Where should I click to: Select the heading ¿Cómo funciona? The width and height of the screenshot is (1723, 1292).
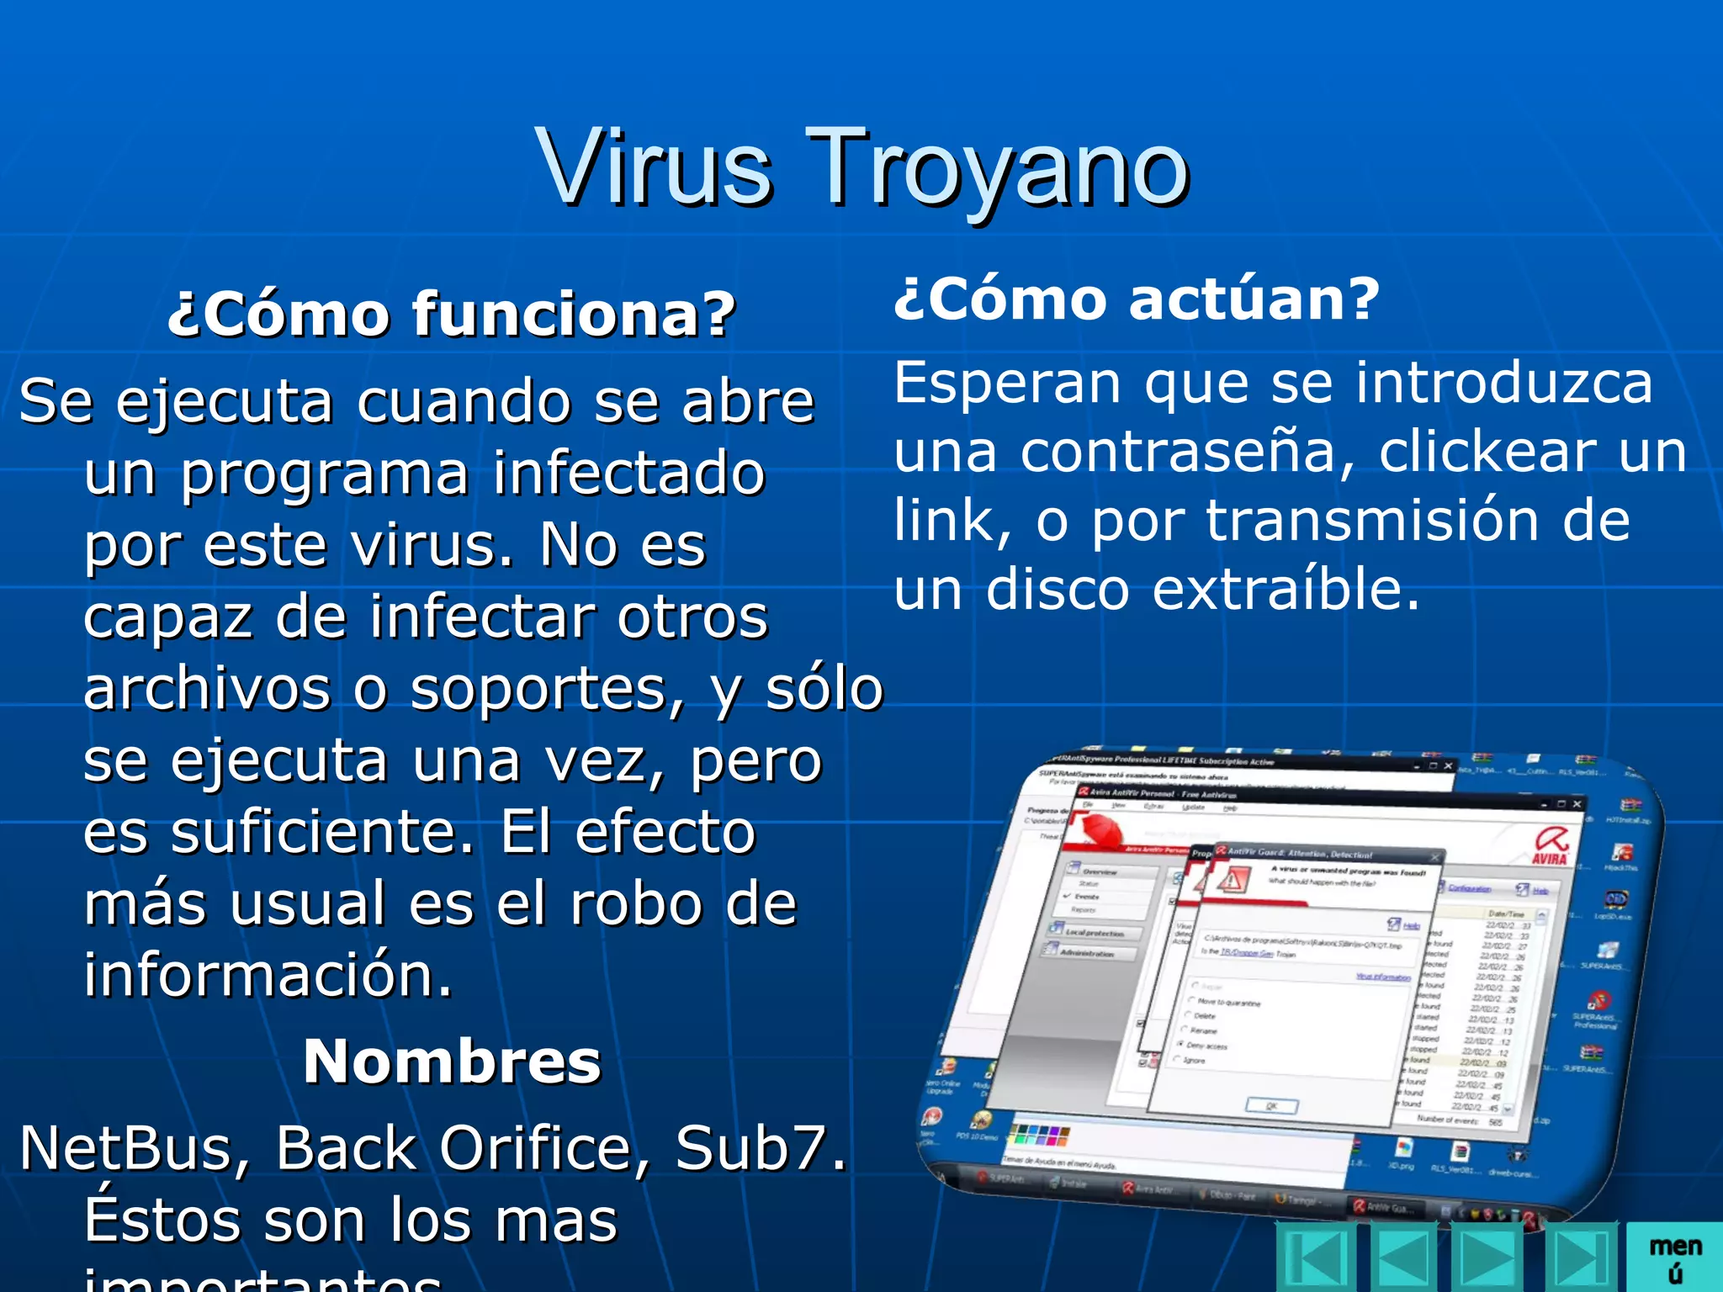[452, 314]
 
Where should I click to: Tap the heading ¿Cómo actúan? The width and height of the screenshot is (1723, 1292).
[1137, 299]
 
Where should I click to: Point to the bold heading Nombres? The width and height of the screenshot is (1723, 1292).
[452, 1062]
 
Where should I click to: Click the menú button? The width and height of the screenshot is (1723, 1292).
[1675, 1258]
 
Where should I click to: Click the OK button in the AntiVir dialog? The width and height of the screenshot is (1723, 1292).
[1271, 1105]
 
